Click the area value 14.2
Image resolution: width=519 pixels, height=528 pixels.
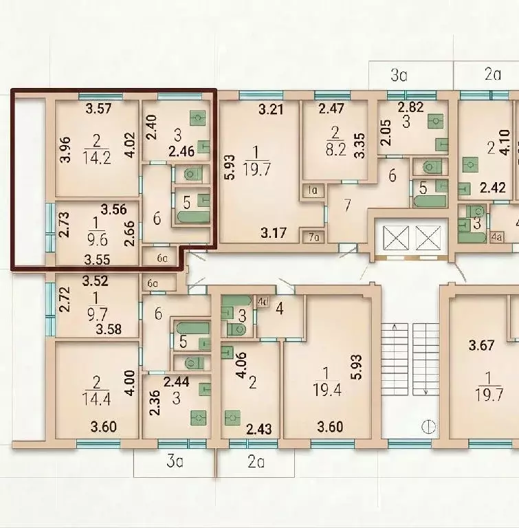[x=97, y=157]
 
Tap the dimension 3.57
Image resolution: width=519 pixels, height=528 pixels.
[x=98, y=109]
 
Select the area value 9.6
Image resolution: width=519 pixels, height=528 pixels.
[x=98, y=240]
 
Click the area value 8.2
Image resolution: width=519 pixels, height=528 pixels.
[x=335, y=149]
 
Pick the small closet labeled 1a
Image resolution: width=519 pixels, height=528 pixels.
[x=313, y=190]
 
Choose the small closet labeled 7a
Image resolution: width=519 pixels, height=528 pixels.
[x=314, y=237]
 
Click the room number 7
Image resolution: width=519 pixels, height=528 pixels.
[x=347, y=205]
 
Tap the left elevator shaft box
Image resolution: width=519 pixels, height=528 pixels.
[x=396, y=238]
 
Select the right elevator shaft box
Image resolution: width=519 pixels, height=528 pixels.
[x=428, y=238]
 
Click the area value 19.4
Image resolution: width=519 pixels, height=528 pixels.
[x=327, y=390]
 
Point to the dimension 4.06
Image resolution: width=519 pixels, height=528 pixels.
[x=242, y=365]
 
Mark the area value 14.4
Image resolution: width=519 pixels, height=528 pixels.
[x=96, y=399]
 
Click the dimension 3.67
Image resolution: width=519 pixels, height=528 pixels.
[x=482, y=346]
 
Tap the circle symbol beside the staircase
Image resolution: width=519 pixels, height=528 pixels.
[x=428, y=427]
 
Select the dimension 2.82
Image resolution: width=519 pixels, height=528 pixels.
[x=410, y=107]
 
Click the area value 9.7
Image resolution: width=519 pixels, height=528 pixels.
[x=97, y=315]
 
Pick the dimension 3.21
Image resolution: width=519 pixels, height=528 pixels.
[x=271, y=109]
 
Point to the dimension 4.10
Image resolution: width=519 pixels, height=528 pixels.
[x=505, y=143]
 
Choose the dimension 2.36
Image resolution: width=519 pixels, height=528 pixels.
[x=155, y=403]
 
